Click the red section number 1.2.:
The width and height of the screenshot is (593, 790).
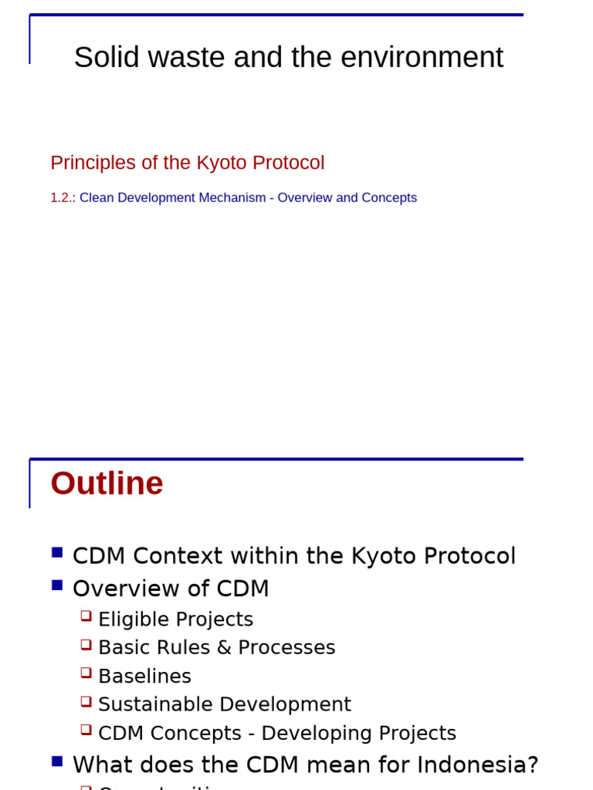coord(63,197)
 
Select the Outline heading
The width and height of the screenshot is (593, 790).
coord(107,484)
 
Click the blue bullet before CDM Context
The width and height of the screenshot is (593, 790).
coord(57,552)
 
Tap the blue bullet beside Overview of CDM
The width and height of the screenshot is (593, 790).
coord(57,585)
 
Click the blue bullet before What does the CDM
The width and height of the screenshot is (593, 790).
coord(57,761)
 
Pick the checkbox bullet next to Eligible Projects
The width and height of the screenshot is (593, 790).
coord(86,616)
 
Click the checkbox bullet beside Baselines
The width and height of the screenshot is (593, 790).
coord(86,673)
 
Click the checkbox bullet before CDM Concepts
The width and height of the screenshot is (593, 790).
coord(86,730)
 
